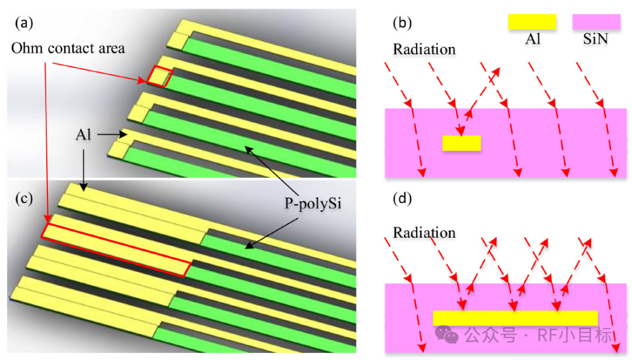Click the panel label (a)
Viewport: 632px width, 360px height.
24,23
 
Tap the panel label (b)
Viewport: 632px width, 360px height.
402,23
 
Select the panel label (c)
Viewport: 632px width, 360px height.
24,198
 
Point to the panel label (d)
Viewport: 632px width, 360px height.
402,198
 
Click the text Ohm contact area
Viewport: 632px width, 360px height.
68,48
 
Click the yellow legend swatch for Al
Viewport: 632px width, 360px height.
532,22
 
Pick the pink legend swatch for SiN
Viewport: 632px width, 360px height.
596,22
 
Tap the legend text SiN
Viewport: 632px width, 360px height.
595,39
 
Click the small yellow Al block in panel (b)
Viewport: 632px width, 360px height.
462,143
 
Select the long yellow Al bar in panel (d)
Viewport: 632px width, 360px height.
515,318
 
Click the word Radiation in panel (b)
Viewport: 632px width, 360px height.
424,49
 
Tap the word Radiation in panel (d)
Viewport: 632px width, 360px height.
424,232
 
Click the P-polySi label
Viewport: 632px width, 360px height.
312,204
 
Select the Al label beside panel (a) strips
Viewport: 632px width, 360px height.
83,135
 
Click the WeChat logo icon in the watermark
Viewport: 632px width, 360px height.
446,335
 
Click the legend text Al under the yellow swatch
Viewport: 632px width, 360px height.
533,39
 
